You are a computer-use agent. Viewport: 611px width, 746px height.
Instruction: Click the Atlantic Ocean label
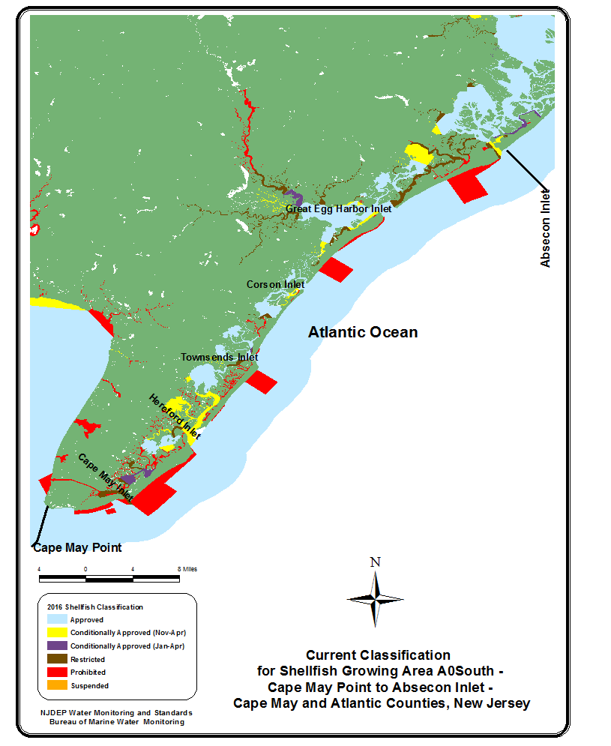click(363, 332)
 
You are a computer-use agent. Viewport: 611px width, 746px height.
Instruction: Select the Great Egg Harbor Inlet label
click(339, 209)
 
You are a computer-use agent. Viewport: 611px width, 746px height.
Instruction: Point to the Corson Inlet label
click(276, 285)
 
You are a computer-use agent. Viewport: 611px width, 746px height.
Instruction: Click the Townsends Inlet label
click(220, 358)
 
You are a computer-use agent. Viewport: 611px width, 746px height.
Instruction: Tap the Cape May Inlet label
click(106, 478)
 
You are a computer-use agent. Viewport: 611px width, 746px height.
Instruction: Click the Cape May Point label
click(77, 547)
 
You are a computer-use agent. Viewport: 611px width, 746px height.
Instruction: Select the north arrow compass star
click(376, 598)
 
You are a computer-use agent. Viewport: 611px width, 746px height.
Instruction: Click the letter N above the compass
click(376, 562)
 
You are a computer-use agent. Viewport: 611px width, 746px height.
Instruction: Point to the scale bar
click(109, 578)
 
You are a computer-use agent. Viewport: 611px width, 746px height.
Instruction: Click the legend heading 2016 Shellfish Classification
click(94, 607)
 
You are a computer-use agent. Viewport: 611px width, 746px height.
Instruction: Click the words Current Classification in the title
click(378, 655)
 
